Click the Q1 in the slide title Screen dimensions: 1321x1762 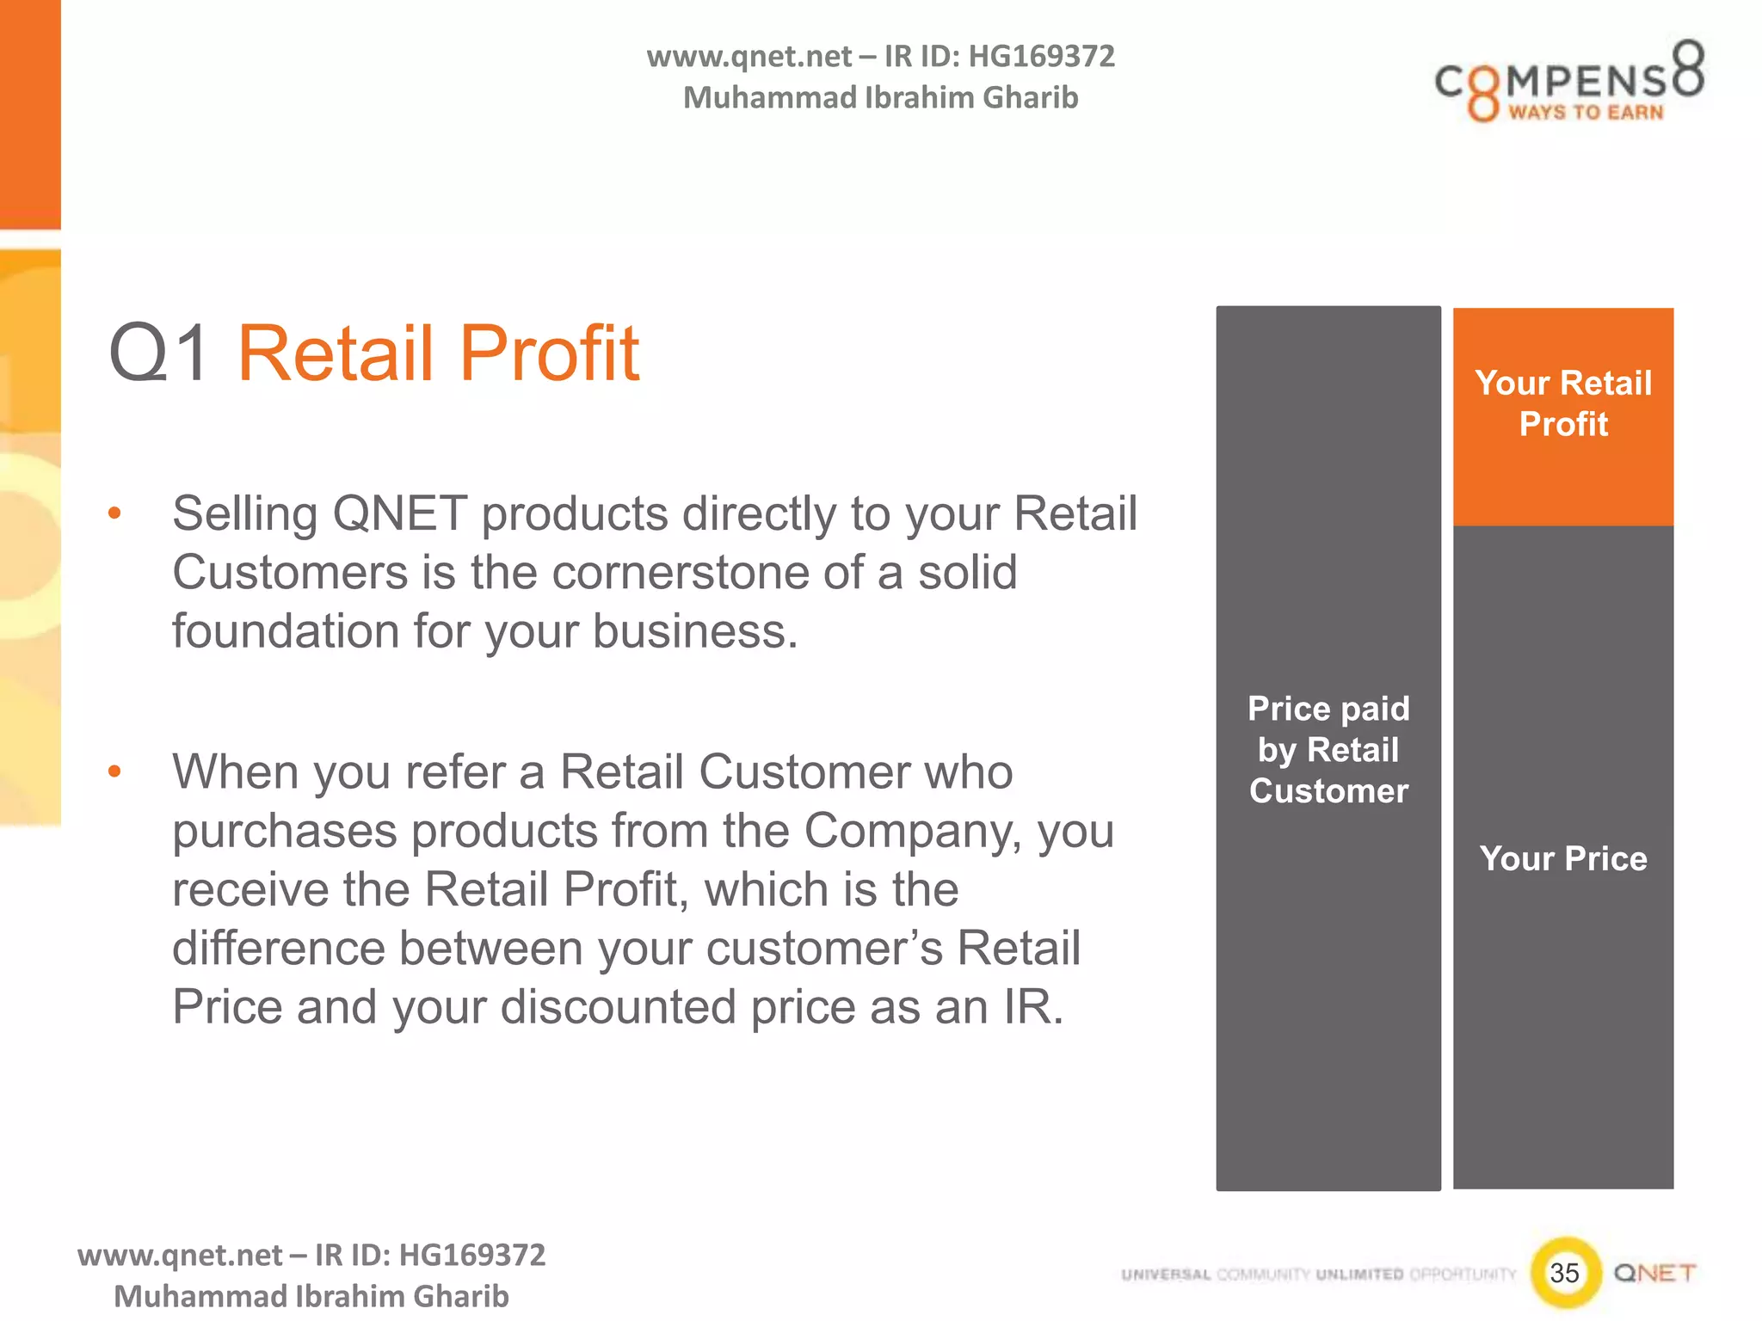[x=158, y=353]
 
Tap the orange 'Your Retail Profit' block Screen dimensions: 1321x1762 [x=1562, y=416]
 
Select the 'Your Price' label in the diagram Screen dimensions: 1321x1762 [x=1562, y=858]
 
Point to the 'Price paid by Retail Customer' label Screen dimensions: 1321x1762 [x=1328, y=749]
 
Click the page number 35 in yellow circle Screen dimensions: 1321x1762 [x=1564, y=1272]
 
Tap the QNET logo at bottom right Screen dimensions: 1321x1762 [x=1654, y=1273]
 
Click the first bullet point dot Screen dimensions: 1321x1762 [x=114, y=514]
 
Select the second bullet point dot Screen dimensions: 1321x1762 [x=114, y=771]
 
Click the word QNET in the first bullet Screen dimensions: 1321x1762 [x=399, y=514]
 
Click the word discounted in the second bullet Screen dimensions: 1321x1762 [x=618, y=1007]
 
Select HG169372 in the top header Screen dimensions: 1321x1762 [x=1041, y=57]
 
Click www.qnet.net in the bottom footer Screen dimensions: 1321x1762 [x=180, y=1255]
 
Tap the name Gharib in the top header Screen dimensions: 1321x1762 [x=1030, y=98]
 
